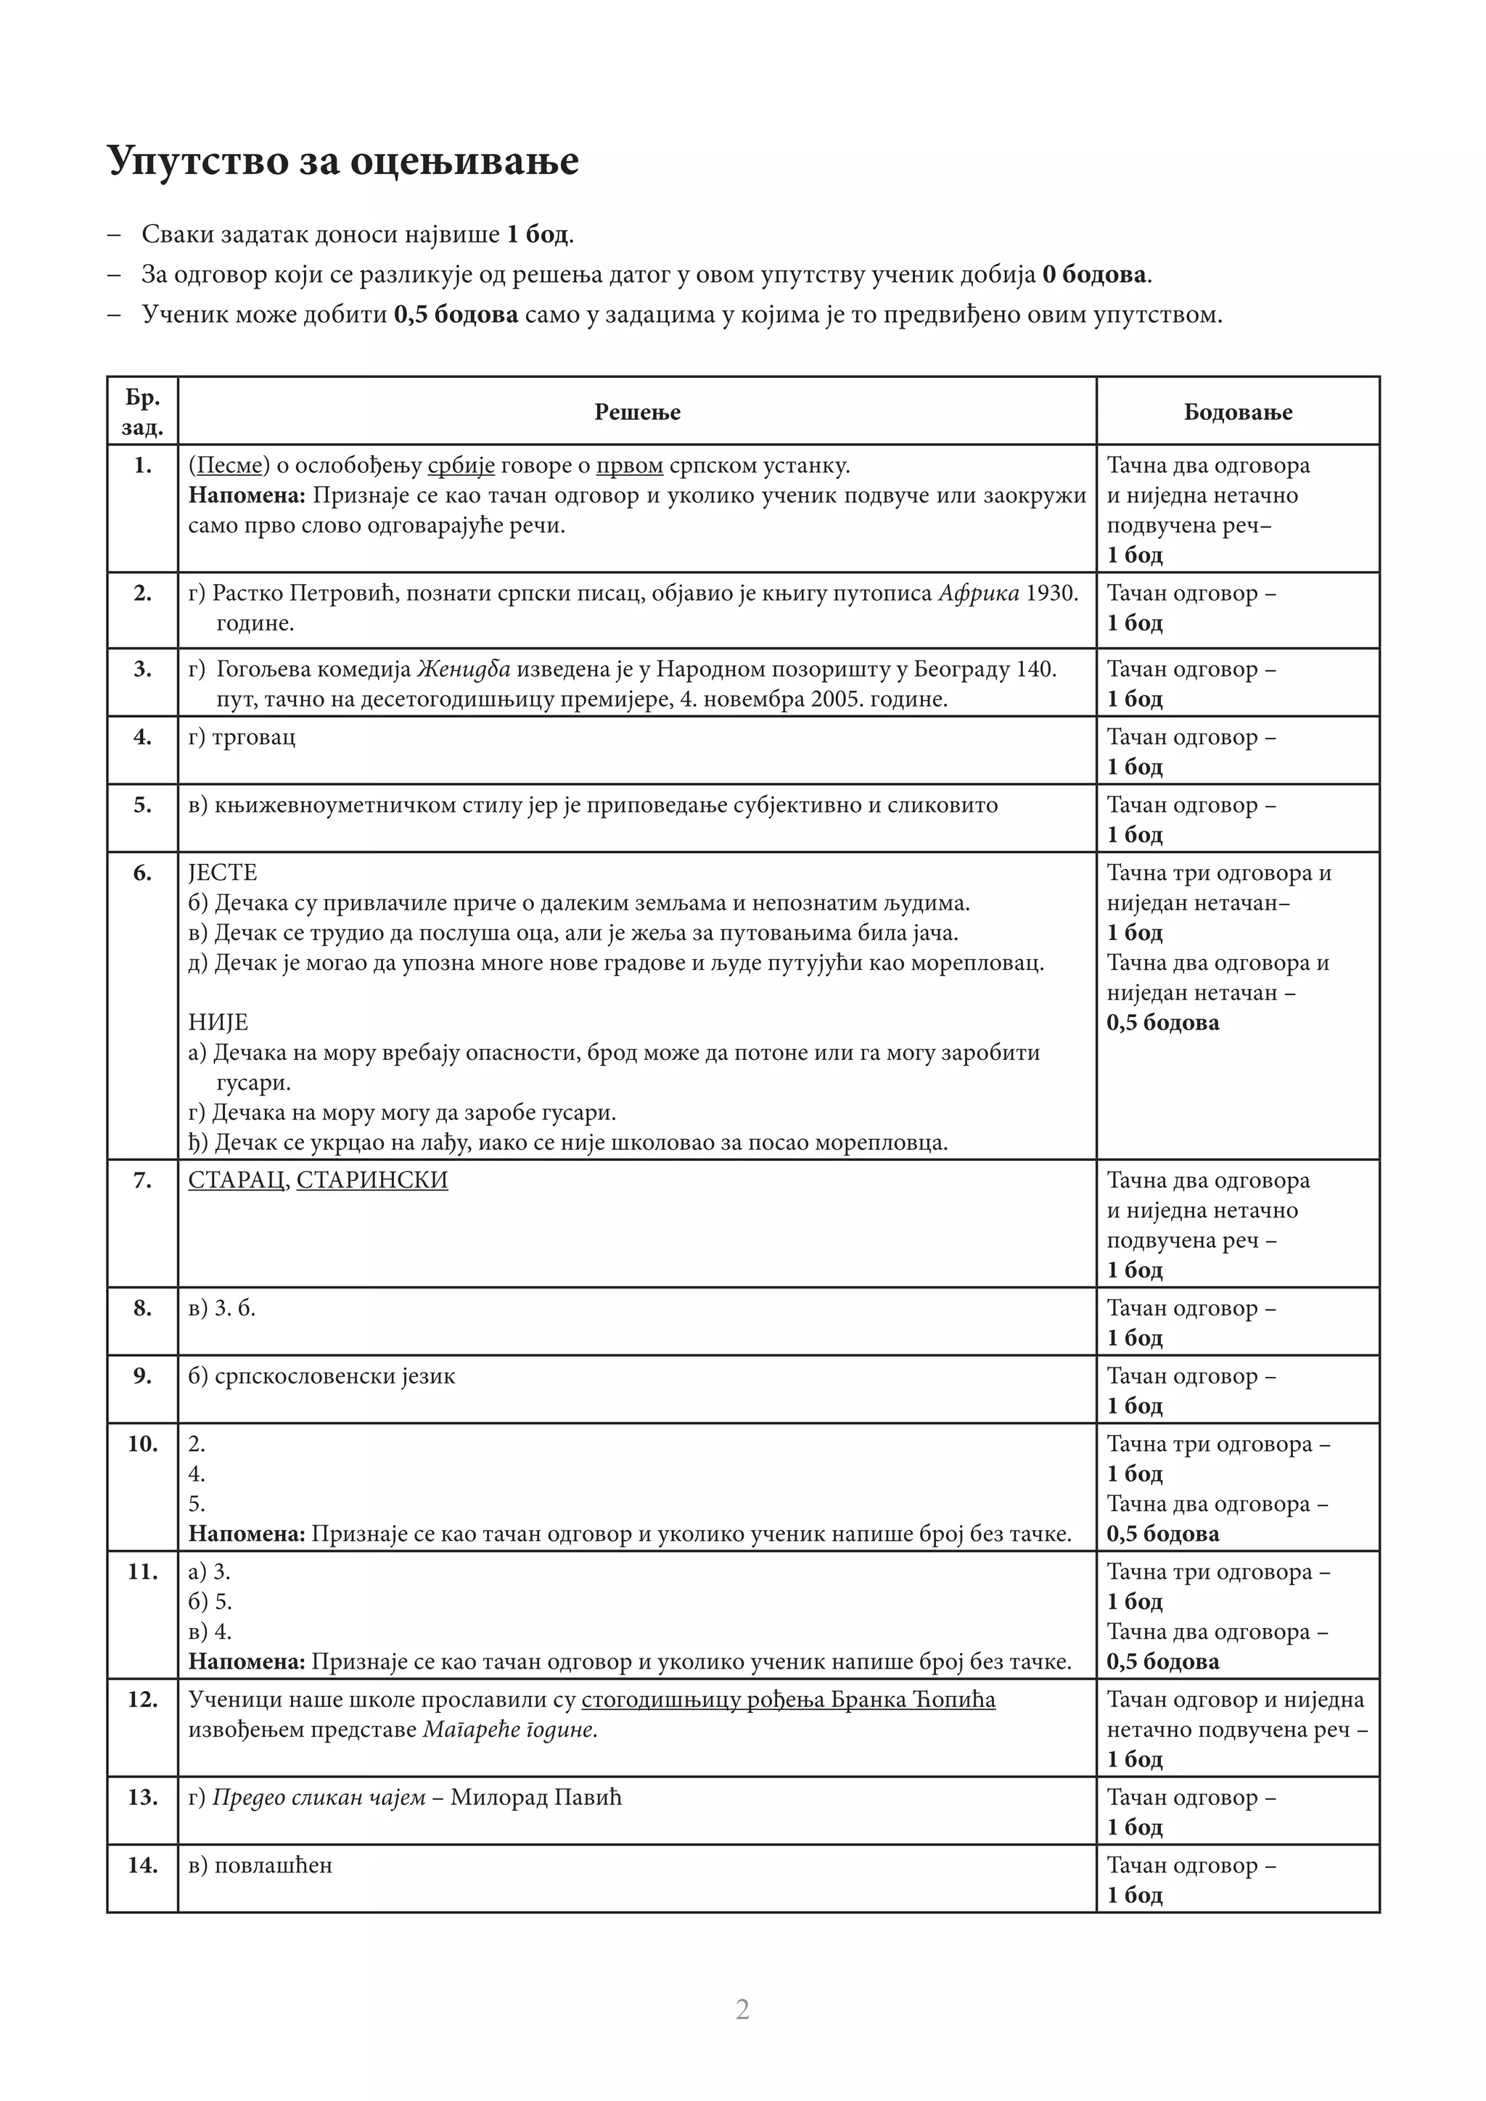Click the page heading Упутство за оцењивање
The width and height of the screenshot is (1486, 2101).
click(342, 161)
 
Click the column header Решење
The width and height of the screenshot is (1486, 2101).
click(637, 412)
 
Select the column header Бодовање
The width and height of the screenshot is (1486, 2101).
click(1237, 412)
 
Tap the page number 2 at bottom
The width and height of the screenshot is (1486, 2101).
click(742, 2009)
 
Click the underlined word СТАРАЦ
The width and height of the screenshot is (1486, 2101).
click(235, 1180)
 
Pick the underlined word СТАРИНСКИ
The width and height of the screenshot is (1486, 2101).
click(371, 1180)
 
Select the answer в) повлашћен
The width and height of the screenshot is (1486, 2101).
click(260, 1865)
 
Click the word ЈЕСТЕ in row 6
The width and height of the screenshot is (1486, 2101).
click(222, 873)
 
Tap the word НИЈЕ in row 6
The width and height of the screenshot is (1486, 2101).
click(218, 1022)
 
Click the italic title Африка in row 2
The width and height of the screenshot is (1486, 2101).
click(978, 593)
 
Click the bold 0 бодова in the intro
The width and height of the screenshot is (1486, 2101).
click(1094, 274)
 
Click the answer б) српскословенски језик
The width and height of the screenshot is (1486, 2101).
click(321, 1376)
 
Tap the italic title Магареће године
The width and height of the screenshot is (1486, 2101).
click(509, 1730)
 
